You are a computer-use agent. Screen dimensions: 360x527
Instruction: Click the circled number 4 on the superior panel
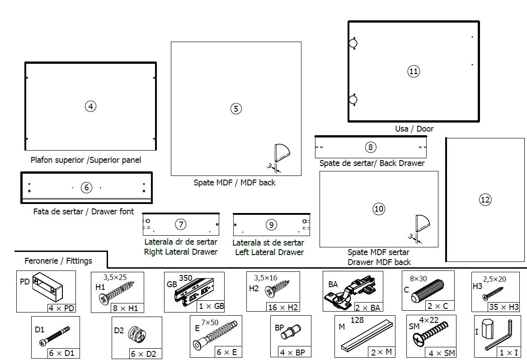coord(91,106)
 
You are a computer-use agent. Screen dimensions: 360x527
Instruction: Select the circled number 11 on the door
coord(414,71)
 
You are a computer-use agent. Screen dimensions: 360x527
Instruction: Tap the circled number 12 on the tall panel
coord(485,199)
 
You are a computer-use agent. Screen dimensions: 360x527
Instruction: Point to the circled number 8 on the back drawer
coord(370,147)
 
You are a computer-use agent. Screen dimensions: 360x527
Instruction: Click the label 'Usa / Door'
coord(414,129)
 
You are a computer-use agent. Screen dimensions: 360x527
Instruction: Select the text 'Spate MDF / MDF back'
coord(234,183)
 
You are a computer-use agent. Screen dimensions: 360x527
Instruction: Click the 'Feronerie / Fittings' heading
coord(58,261)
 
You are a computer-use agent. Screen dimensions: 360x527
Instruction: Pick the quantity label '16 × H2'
coord(282,307)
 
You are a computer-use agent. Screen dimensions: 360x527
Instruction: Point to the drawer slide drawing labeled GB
coord(192,291)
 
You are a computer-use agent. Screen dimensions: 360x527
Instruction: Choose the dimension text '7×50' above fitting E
coord(209,322)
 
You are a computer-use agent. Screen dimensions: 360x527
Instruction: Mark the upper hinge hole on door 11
coord(353,43)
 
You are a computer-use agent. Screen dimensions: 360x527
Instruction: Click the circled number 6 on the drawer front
coord(86,187)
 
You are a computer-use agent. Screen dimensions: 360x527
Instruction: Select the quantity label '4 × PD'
coord(61,308)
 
